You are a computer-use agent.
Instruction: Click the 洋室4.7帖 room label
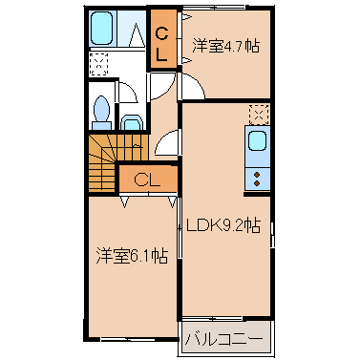click(x=226, y=46)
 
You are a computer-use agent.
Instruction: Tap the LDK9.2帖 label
click(x=223, y=225)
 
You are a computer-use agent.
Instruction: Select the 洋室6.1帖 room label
click(x=132, y=256)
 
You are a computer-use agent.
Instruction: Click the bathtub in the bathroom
click(x=101, y=29)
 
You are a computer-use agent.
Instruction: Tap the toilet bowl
click(x=101, y=109)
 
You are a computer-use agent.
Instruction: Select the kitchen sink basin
click(x=257, y=141)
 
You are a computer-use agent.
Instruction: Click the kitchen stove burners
click(x=257, y=179)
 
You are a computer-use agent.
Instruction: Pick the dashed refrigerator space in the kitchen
click(x=259, y=115)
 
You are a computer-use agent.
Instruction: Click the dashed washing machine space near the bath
click(x=98, y=64)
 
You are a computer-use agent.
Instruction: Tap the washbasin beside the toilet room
click(x=132, y=123)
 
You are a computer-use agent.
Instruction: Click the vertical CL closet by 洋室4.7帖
click(x=163, y=39)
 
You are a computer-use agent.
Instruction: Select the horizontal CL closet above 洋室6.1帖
click(x=148, y=180)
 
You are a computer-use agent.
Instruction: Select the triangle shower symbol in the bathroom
click(x=137, y=34)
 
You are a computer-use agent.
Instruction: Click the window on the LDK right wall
click(x=272, y=235)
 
